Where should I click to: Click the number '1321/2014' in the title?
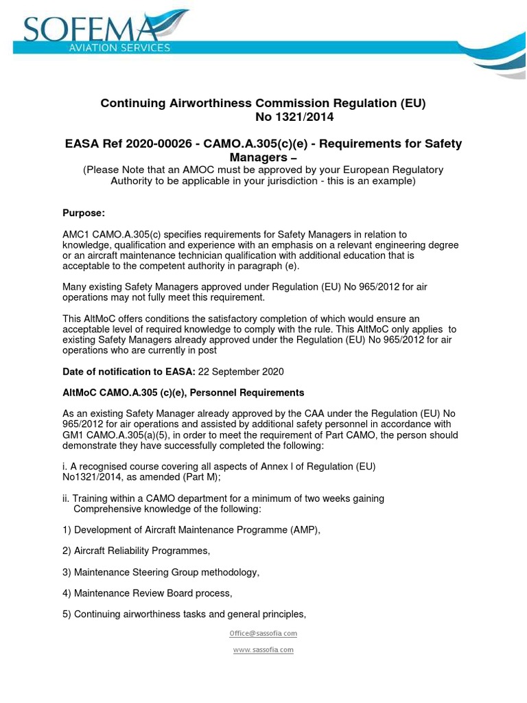click(x=294, y=117)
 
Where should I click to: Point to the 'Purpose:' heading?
click(x=84, y=213)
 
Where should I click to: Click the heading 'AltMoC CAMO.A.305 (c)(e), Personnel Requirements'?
click(x=183, y=393)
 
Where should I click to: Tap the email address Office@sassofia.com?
click(x=263, y=633)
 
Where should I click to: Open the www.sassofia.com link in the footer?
click(x=263, y=649)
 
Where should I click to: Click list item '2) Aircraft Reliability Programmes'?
click(x=136, y=551)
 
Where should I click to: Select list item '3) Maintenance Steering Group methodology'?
click(x=161, y=572)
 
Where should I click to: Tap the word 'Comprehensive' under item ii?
click(x=108, y=509)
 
